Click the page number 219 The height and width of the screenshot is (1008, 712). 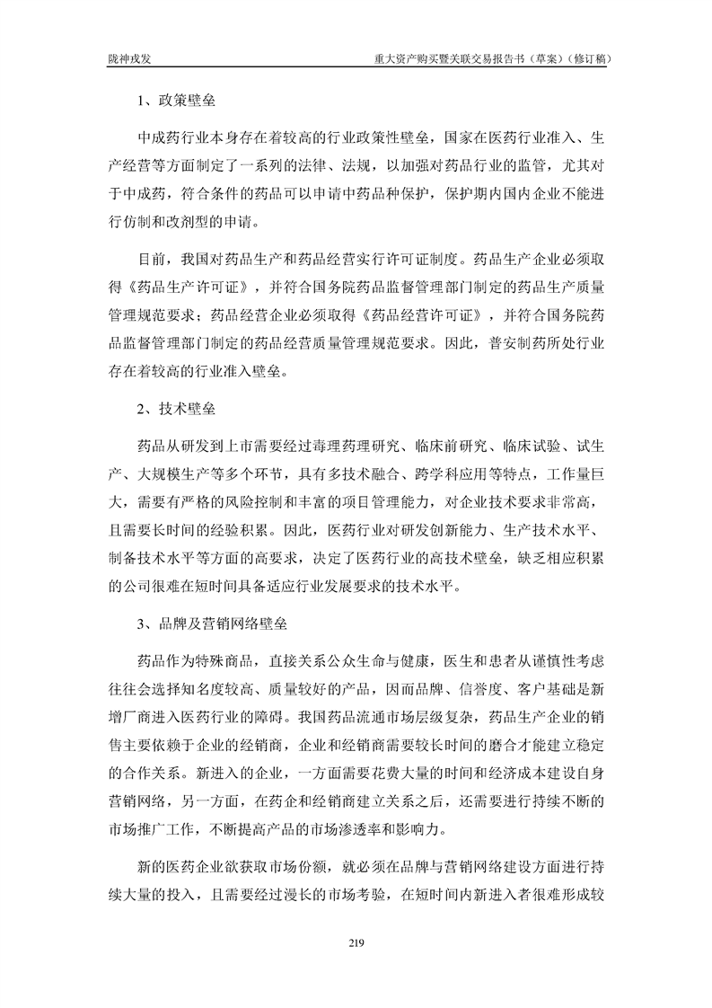click(356, 942)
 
